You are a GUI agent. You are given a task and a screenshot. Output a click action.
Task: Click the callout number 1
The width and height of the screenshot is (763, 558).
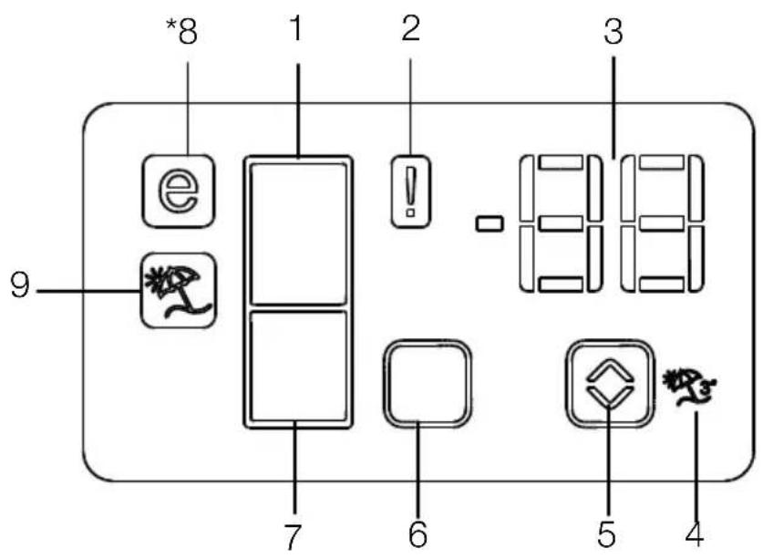click(x=296, y=28)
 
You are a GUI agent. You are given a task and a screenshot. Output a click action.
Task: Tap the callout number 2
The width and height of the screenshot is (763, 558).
click(x=411, y=28)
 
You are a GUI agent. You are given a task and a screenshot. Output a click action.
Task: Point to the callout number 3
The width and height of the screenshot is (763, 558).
click(x=613, y=31)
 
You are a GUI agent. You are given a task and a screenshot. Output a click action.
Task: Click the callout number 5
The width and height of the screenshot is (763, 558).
click(x=606, y=533)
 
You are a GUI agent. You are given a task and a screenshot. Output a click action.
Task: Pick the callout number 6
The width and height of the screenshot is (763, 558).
click(x=418, y=533)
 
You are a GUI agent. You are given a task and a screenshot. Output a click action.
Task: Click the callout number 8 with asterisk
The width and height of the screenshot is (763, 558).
click(x=181, y=31)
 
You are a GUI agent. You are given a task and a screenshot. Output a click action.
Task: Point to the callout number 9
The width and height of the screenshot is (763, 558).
click(x=20, y=285)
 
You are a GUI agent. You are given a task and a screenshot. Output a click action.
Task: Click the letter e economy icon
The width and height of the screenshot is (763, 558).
click(x=178, y=191)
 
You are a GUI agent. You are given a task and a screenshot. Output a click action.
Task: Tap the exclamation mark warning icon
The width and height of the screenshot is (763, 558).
click(x=411, y=191)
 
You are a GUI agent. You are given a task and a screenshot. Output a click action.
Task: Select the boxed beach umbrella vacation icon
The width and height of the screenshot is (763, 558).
click(x=178, y=291)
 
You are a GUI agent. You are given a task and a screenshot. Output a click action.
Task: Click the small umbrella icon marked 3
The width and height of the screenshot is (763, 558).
click(x=689, y=387)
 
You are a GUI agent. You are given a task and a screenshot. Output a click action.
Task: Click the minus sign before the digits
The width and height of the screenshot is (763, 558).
click(x=490, y=223)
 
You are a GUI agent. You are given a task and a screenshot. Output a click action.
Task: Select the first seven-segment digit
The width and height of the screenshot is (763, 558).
click(x=561, y=223)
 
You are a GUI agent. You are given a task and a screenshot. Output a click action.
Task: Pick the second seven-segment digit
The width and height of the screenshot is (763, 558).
click(x=663, y=223)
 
